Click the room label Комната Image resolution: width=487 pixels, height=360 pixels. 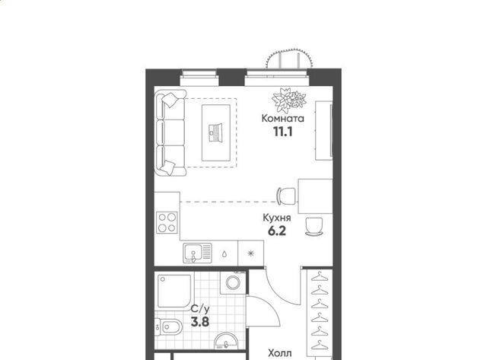pyautogui.click(x=282, y=118)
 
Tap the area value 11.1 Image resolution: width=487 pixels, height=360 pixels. pyautogui.click(x=283, y=132)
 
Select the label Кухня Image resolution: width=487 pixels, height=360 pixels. pyautogui.click(x=277, y=218)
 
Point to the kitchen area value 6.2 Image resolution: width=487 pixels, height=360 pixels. pyautogui.click(x=277, y=231)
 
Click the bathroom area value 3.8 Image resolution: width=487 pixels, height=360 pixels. pyautogui.click(x=200, y=322)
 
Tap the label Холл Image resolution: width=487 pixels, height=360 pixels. pyautogui.click(x=280, y=353)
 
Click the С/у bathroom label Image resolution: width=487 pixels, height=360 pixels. pyautogui.click(x=200, y=309)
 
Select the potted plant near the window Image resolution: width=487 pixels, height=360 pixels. pyautogui.click(x=289, y=100)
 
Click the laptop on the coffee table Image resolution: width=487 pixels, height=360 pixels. pyautogui.click(x=216, y=133)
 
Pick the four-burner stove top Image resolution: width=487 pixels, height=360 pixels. pyautogui.click(x=167, y=222)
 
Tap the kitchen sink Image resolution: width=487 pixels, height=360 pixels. pyautogui.click(x=197, y=253)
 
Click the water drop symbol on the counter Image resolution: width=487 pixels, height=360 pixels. pyautogui.click(x=224, y=254)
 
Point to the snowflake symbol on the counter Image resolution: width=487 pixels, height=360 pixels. pyautogui.click(x=250, y=253)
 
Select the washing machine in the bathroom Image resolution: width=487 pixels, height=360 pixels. pyautogui.click(x=233, y=282)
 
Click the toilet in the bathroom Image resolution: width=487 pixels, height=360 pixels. pyautogui.click(x=167, y=327)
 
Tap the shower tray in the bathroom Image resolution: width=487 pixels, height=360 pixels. pyautogui.click(x=174, y=291)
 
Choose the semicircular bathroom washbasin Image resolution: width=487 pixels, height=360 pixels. pyautogui.click(x=226, y=341)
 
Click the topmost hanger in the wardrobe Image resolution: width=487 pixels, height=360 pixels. pyautogui.click(x=320, y=276)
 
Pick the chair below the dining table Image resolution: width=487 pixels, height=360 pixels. pyautogui.click(x=314, y=227)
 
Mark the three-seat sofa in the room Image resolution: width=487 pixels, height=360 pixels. pyautogui.click(x=170, y=133)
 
